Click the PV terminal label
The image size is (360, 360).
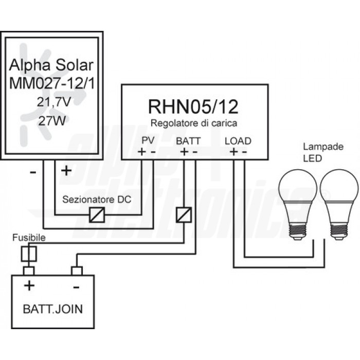coord(148,140)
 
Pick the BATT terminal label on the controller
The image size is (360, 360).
coord(188,140)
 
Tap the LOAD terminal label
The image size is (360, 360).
coord(238,140)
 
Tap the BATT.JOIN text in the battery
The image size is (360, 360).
coord(53,310)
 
